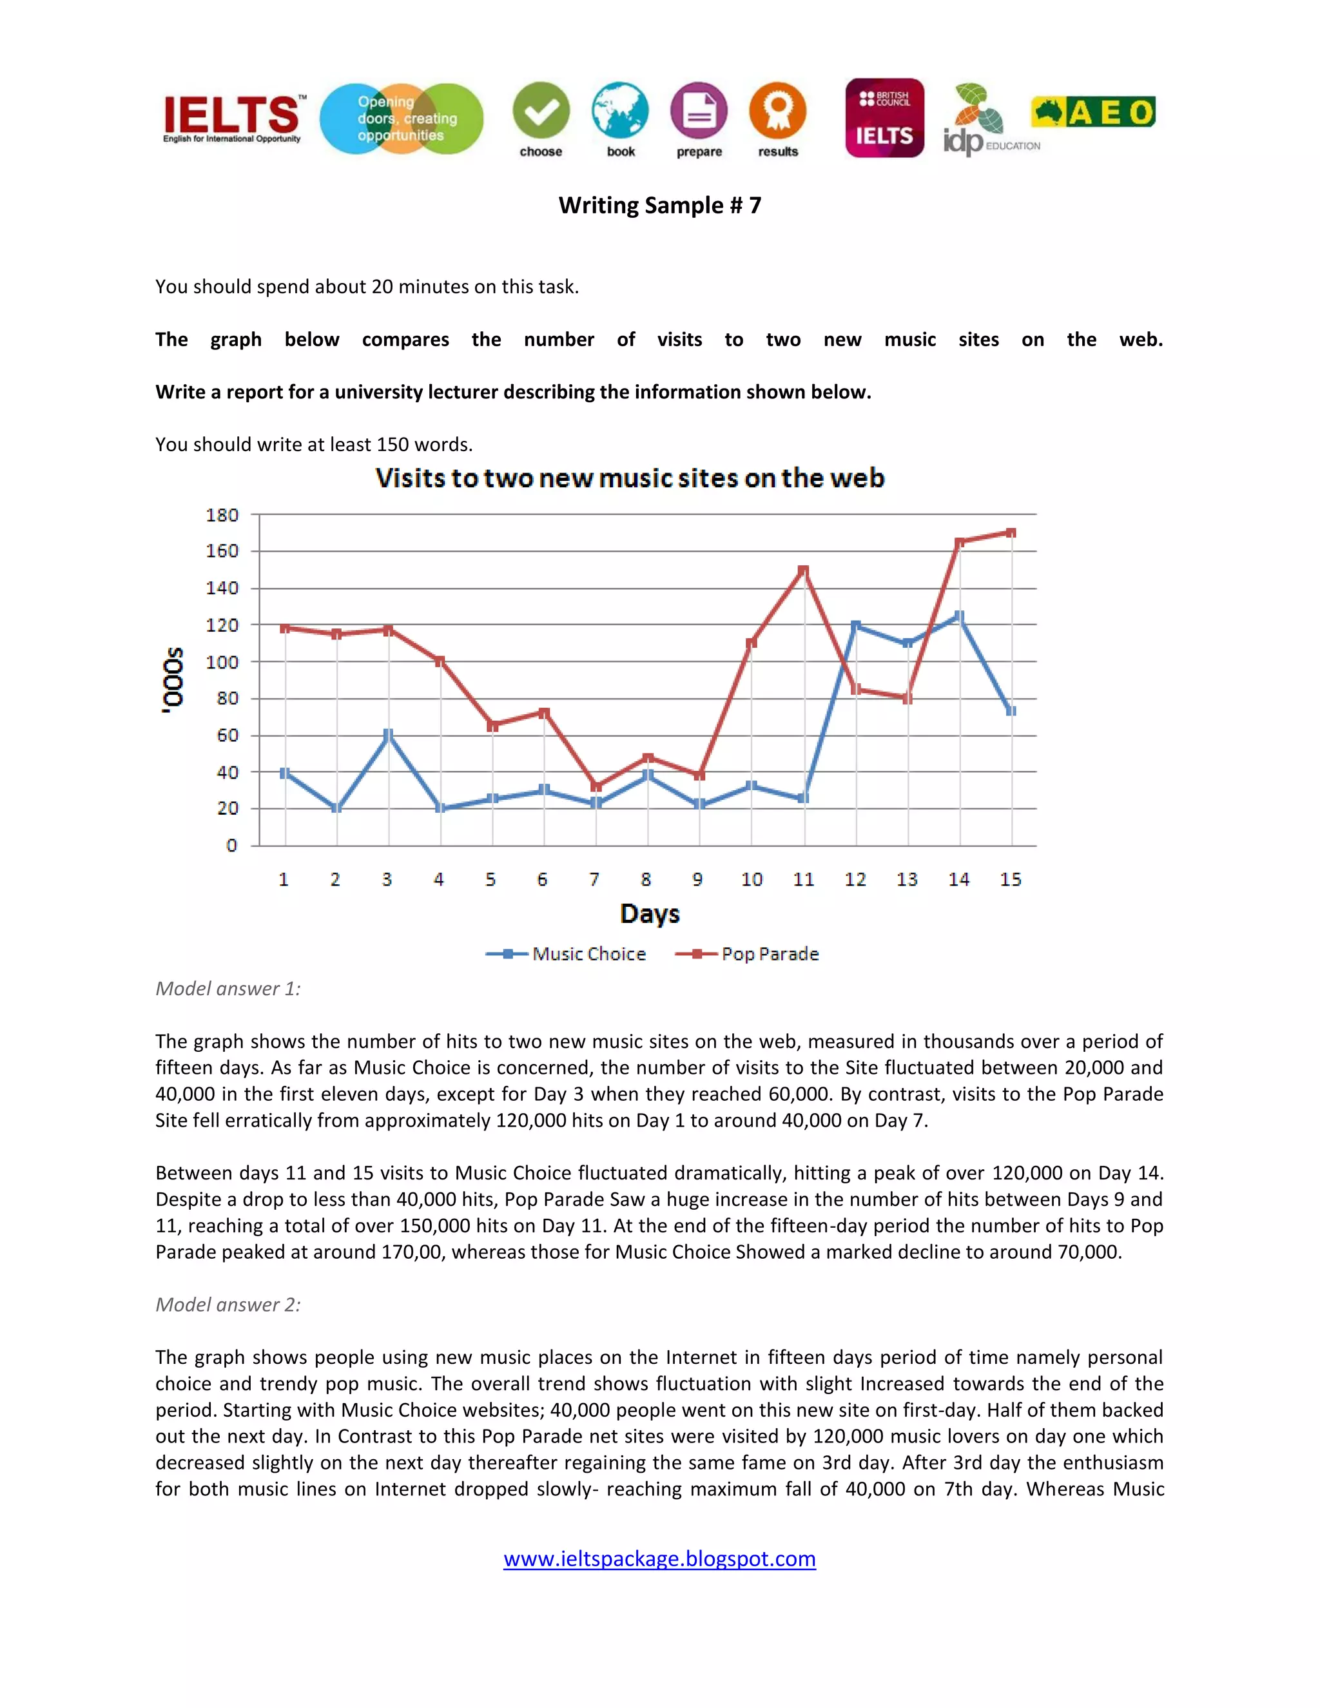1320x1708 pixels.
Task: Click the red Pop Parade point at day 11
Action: [803, 570]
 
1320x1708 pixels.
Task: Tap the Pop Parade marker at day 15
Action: [1011, 532]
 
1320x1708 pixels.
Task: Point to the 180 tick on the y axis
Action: [222, 514]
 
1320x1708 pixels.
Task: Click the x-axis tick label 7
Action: [594, 879]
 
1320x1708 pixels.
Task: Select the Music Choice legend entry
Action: [567, 953]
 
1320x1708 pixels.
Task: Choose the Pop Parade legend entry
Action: [748, 953]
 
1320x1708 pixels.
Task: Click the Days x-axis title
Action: [649, 913]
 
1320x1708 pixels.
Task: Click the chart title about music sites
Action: [630, 478]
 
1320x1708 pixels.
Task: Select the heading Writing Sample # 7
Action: [659, 205]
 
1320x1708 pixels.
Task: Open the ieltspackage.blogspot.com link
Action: [659, 1558]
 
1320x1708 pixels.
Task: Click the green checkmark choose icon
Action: [541, 111]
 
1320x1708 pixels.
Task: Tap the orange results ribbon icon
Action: [777, 111]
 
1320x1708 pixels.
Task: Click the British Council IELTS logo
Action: [884, 118]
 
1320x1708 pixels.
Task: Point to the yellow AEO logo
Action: [1092, 112]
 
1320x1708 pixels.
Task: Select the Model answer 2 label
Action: [228, 1305]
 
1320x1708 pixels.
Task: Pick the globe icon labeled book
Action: [620, 111]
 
